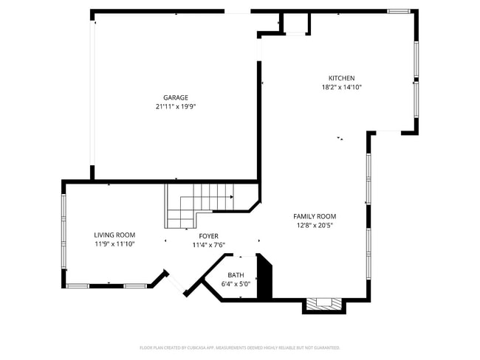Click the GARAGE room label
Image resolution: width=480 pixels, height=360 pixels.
coord(176,97)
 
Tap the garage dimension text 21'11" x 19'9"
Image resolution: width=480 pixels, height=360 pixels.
coord(176,106)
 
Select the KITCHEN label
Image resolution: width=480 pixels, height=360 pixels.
coord(341,78)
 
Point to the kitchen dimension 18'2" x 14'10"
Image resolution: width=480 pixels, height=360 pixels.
coord(341,87)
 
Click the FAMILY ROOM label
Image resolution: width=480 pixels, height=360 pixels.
coord(315,216)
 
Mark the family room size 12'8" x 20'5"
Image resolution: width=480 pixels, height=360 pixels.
coord(315,225)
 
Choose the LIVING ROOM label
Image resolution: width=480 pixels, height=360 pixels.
coord(114,235)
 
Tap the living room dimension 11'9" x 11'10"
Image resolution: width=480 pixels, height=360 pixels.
coord(114,244)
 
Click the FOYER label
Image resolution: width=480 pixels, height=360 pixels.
coord(208,236)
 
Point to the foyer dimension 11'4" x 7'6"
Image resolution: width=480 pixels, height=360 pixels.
coord(208,245)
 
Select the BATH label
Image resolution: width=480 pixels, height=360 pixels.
coord(236,274)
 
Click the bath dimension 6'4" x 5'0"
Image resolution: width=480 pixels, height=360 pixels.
coord(236,283)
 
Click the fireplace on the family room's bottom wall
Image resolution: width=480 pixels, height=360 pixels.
coord(324,304)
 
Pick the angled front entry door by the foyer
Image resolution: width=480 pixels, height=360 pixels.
coord(174,283)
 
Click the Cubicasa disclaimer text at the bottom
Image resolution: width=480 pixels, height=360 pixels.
coord(239,347)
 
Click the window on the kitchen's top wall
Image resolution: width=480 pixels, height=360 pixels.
coord(399,11)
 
